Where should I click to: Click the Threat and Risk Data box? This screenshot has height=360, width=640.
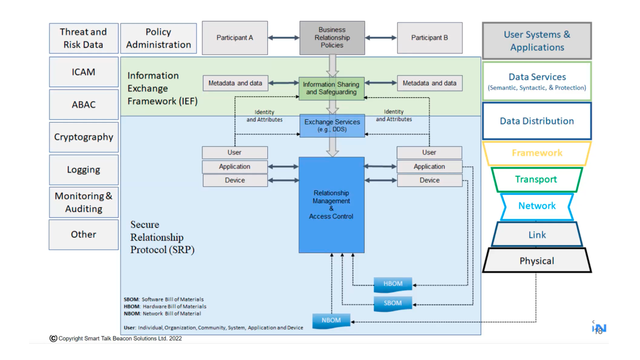coord(83,38)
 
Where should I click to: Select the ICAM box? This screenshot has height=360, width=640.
coord(83,72)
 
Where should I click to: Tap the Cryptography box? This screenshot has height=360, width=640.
coord(83,137)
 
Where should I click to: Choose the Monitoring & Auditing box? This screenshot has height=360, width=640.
coord(83,202)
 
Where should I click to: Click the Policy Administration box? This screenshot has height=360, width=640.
coord(158,38)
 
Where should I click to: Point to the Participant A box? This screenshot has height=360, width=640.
coord(235,38)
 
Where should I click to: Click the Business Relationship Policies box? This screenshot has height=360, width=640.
coord(332,37)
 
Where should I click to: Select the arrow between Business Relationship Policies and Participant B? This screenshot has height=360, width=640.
coord(381,38)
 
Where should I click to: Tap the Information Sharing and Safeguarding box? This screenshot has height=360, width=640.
coord(331,88)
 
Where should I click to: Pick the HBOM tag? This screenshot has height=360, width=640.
coord(393,284)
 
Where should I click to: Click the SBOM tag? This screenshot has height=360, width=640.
coord(393,303)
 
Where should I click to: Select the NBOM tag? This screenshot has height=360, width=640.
coord(331,321)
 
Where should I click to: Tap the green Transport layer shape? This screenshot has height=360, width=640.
coord(536,179)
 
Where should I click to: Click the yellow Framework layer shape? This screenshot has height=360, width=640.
coord(537,153)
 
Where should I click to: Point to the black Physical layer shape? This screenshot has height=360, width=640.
coord(537,261)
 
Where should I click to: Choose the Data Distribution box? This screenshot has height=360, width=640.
coord(537,121)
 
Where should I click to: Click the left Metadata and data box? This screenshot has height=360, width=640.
coord(235,83)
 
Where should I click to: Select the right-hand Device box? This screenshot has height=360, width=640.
coord(429,180)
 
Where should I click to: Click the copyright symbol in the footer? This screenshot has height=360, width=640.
coord(53,338)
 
